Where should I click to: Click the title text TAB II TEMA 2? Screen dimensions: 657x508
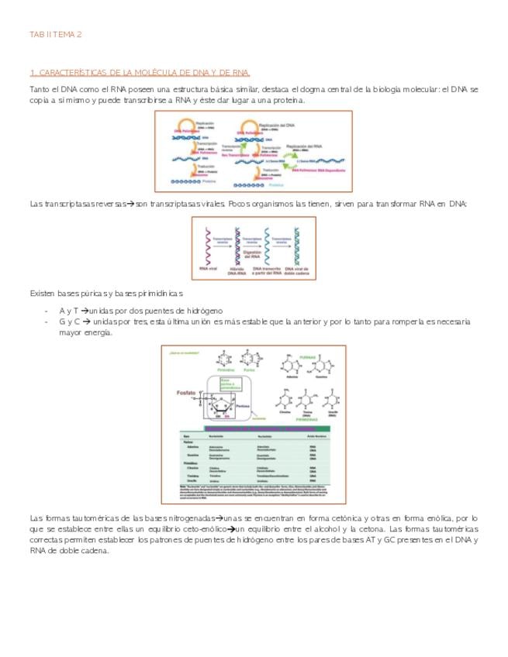56,35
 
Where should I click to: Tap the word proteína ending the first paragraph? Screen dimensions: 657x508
289,100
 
